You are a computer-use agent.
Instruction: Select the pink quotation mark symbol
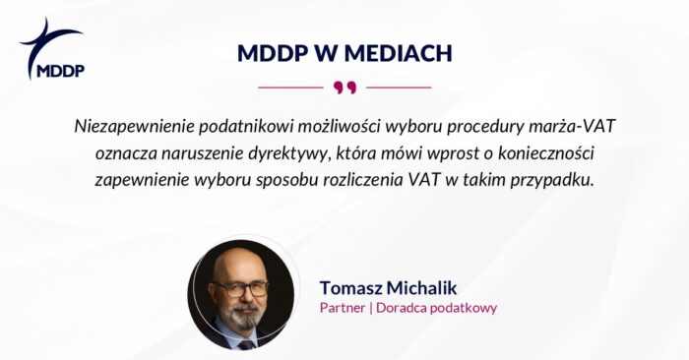click(x=344, y=88)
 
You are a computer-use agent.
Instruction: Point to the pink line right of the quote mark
click(x=399, y=88)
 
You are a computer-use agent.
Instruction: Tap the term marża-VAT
click(x=579, y=128)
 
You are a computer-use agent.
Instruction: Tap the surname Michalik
click(x=434, y=287)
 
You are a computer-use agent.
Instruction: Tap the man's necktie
click(x=244, y=343)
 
